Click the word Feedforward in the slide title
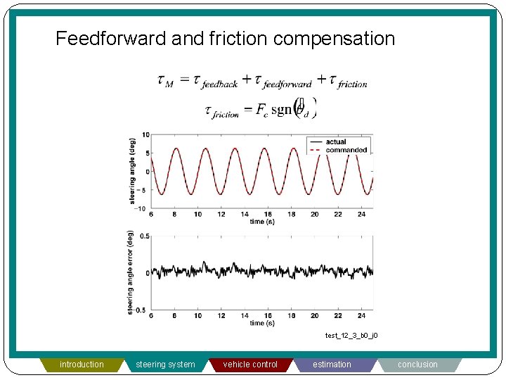[x=111, y=38]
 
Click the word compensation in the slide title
[x=334, y=38]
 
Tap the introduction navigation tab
[x=82, y=365]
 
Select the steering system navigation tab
[x=165, y=365]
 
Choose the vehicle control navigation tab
[x=250, y=365]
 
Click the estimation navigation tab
[x=332, y=365]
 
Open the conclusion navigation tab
[x=417, y=365]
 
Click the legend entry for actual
[x=336, y=142]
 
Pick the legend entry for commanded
[x=346, y=150]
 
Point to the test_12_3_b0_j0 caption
[x=351, y=336]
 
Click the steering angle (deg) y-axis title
[x=132, y=171]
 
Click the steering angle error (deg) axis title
[x=131, y=272]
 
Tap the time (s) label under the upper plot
[x=257, y=222]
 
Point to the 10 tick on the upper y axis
[x=145, y=134]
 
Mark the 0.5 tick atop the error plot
[x=145, y=236]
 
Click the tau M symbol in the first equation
[x=165, y=82]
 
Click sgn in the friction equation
[x=280, y=111]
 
